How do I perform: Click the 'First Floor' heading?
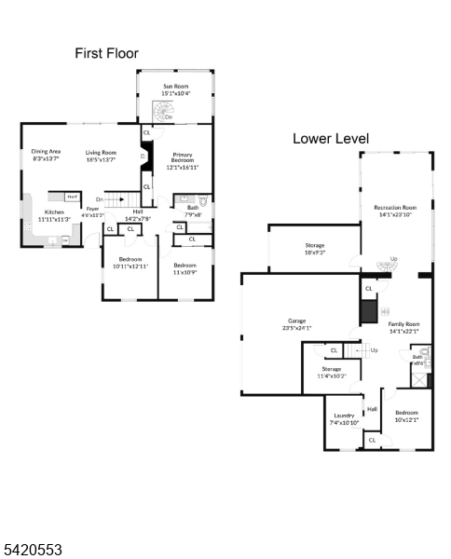coord(106,53)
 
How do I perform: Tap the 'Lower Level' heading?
coord(330,139)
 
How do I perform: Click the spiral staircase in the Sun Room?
coord(165,113)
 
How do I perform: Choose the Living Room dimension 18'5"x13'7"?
coord(101,159)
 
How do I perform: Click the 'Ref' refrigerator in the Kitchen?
coord(71,197)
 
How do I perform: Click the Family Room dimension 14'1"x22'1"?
coord(403,331)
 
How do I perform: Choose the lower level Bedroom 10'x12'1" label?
coord(406,416)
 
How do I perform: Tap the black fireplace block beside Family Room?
coord(369,310)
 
